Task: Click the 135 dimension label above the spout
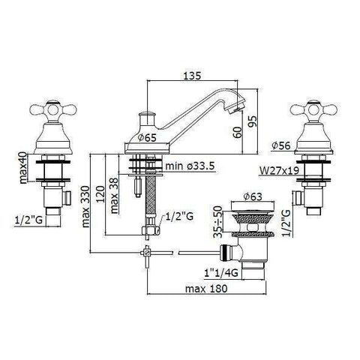[x=192, y=76]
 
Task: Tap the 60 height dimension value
[x=238, y=132]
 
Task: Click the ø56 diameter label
[x=281, y=145]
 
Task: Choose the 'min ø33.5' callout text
[x=190, y=166]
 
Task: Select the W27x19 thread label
[x=279, y=171]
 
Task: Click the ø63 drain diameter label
[x=253, y=196]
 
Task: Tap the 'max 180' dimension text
[x=206, y=289]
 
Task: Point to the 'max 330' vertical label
[x=85, y=206]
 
